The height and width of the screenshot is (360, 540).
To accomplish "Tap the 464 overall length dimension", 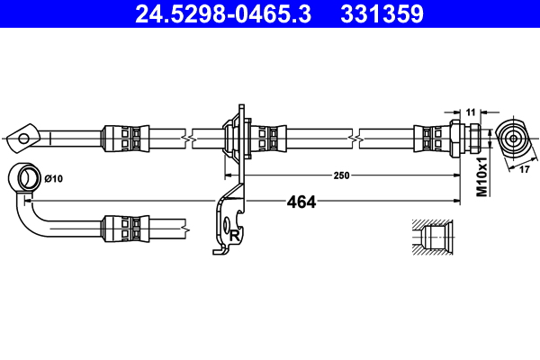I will click(x=301, y=202).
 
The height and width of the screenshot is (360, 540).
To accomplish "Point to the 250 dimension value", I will click(x=340, y=175).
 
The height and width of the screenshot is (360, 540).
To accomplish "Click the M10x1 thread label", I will click(x=481, y=176).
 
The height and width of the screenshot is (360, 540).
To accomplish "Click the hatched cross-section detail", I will click(x=432, y=237).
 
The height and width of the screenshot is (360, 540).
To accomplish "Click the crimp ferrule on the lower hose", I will click(x=124, y=229).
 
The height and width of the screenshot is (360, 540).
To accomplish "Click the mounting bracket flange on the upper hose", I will click(x=238, y=137).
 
